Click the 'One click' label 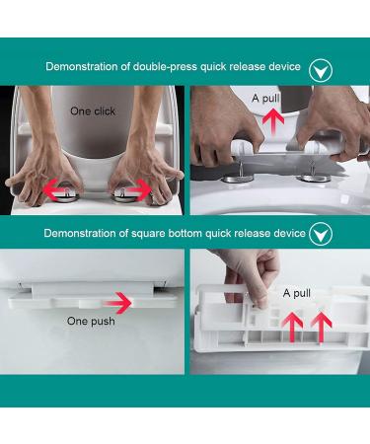point(93,111)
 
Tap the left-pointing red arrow point(55,190)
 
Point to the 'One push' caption point(91,321)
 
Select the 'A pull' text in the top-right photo point(265,98)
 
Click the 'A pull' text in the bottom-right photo point(297,293)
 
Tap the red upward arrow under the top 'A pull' point(273,123)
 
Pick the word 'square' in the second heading point(148,234)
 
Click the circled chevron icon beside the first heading point(321,70)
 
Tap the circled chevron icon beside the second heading point(321,234)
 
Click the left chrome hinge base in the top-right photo point(239,179)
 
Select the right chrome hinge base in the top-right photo point(313,179)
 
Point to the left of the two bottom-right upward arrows point(293,327)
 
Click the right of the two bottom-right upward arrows point(322,327)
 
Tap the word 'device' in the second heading point(288,233)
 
